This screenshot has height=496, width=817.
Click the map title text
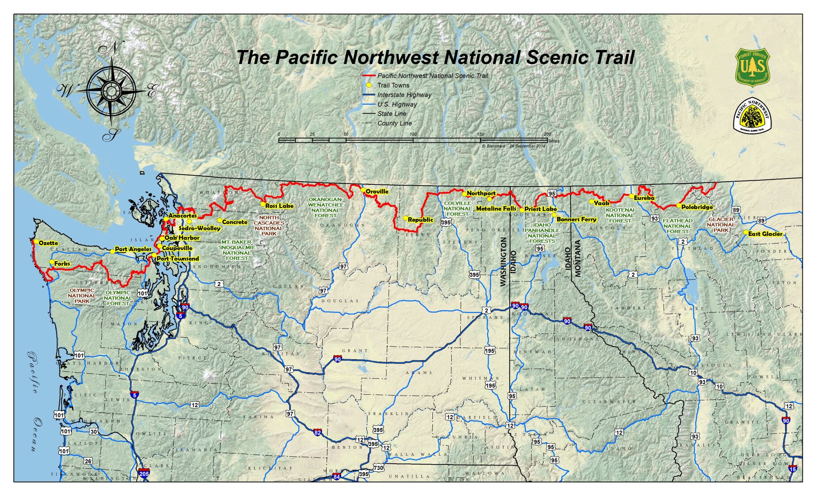pyautogui.click(x=435, y=57)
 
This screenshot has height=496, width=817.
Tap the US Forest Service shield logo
pyautogui.click(x=752, y=67)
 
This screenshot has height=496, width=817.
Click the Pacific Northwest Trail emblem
pyautogui.click(x=752, y=116)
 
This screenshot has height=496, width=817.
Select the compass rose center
pyautogui.click(x=111, y=91)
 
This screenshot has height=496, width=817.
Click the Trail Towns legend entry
pyautogui.click(x=393, y=85)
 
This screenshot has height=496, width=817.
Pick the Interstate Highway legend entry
pyautogui.click(x=404, y=95)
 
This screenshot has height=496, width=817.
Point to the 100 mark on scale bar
pyautogui.click(x=413, y=134)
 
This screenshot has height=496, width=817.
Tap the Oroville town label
pyautogui.click(x=377, y=191)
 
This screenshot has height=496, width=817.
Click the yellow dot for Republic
pyautogui.click(x=405, y=218)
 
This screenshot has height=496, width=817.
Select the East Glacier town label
pyautogui.click(x=765, y=234)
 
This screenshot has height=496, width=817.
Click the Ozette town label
pyautogui.click(x=48, y=243)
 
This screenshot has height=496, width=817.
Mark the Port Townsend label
pyautogui.click(x=178, y=259)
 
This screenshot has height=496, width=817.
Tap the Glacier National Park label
pyautogui.click(x=721, y=225)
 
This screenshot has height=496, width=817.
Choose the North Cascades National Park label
pyautogui.click(x=269, y=225)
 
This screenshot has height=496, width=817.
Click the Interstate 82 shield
pyautogui.click(x=317, y=432)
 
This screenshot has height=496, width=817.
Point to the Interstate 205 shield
pyautogui.click(x=144, y=473)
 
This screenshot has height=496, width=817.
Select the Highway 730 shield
pyautogui.click(x=378, y=468)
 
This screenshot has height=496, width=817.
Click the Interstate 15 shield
pyautogui.click(x=793, y=469)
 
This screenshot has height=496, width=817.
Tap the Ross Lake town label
pyautogui.click(x=279, y=206)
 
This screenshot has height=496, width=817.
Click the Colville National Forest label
pyautogui.click(x=458, y=209)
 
